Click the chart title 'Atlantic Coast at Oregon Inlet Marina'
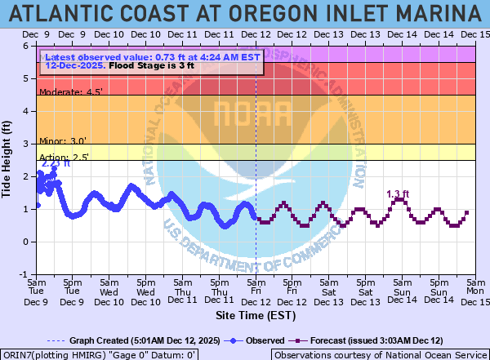coord(245,13)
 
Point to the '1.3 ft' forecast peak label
coord(398,194)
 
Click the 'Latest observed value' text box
coord(152,62)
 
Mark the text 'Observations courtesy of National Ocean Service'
coord(380,354)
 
